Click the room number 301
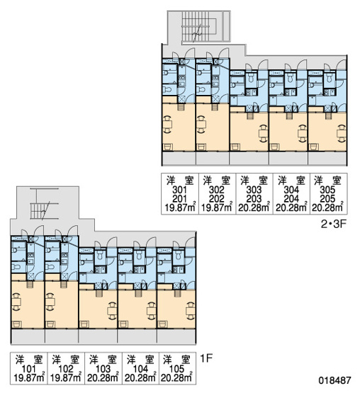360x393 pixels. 179,190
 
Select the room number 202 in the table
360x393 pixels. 217,199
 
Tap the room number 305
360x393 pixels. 327,190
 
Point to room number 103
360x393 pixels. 103,369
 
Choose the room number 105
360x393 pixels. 176,369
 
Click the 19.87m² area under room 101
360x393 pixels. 30,378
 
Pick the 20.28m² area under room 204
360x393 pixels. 291,207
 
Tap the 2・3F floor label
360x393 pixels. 334,224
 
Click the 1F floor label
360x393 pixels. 206,358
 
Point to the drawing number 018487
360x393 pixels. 334,380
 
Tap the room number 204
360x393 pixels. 291,199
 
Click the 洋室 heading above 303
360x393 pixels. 254,181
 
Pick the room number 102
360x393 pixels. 66,369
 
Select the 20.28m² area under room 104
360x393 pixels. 140,378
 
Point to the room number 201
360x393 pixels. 179,199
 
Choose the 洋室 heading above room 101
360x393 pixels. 29,360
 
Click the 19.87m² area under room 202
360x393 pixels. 217,207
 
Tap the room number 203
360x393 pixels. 254,199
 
